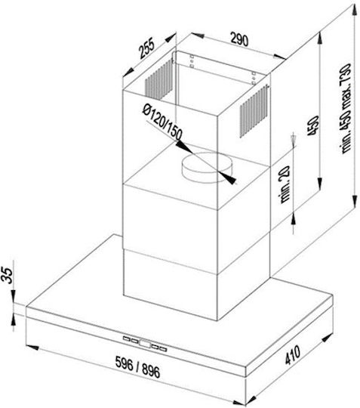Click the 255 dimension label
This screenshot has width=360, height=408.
click(147, 48)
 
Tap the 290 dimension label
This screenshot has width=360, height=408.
click(239, 39)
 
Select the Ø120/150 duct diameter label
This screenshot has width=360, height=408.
click(162, 122)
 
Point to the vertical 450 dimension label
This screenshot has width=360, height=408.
click(313, 125)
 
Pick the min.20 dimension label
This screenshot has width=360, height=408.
click(285, 184)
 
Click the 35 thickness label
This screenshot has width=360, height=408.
click(8, 275)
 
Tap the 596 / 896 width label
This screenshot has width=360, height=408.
click(137, 367)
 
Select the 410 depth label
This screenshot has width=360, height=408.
click(292, 355)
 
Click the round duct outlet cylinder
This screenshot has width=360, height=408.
click(207, 167)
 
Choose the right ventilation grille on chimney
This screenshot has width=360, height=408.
click(254, 110)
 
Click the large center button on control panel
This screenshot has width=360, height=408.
click(145, 344)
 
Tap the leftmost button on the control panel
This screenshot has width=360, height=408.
click(127, 338)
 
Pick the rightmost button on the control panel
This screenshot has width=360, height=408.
click(163, 349)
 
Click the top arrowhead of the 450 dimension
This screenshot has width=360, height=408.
click(320, 38)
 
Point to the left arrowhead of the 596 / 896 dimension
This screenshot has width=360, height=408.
click(32, 348)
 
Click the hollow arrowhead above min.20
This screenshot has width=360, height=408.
click(294, 138)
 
